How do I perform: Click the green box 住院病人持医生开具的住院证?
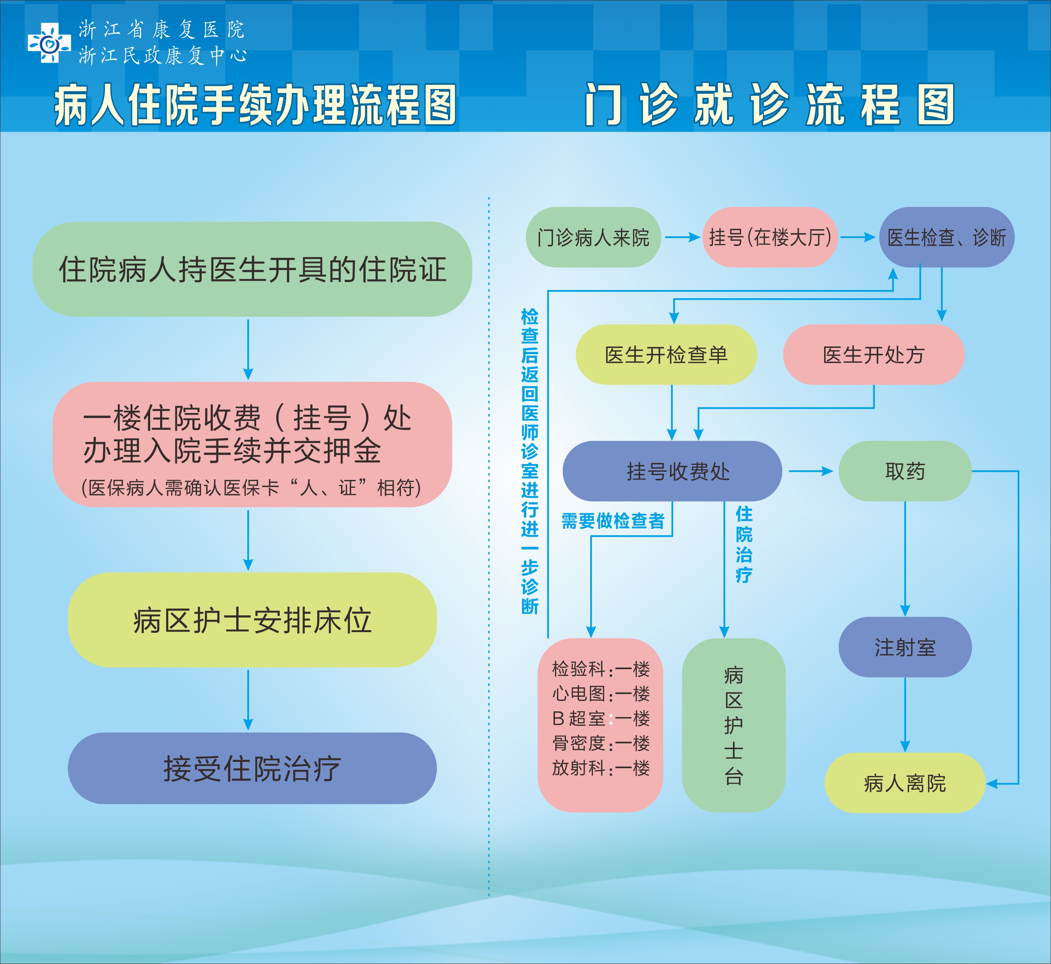point(252,269)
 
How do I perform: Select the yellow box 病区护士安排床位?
point(252,620)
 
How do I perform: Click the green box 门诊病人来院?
point(593,237)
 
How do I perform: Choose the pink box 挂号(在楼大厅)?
point(770,237)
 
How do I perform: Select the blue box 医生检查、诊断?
point(946,237)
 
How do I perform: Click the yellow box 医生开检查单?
point(666,355)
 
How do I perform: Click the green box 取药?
point(905,471)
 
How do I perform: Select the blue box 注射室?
point(905,647)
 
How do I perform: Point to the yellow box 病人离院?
point(905,783)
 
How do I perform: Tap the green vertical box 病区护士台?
point(734,725)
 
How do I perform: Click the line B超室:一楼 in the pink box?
point(601,718)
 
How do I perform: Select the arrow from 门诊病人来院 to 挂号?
point(682,237)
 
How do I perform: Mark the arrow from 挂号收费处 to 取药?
point(811,471)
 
